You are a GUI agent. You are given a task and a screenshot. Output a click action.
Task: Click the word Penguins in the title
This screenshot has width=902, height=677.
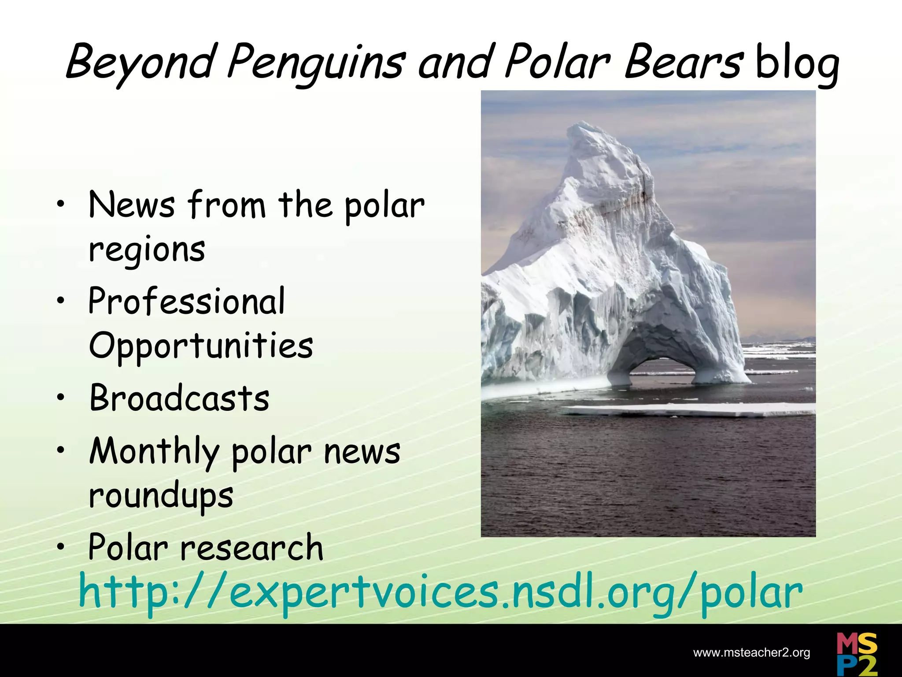(315, 63)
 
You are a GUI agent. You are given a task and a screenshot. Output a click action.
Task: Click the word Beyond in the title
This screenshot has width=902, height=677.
(141, 63)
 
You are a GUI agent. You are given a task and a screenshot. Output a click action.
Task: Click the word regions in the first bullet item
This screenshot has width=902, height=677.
(147, 249)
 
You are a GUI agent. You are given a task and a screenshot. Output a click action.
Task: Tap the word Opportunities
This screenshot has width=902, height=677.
(201, 346)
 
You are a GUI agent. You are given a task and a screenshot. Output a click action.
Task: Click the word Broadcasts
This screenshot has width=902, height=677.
(179, 398)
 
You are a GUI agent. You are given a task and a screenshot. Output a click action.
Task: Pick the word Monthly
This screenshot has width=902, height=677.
(154, 452)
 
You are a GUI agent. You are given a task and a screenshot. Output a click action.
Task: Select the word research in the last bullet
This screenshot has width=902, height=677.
(252, 548)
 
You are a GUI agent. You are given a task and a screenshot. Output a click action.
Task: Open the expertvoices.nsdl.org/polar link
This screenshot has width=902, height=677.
(440, 593)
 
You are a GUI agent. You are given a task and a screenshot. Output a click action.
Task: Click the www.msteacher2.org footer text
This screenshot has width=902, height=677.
(751, 653)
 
